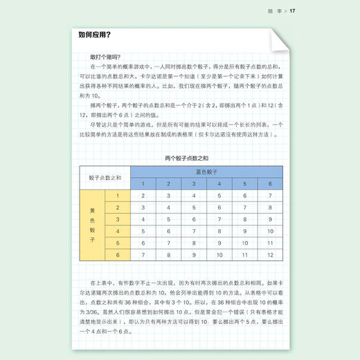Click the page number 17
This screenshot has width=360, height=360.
[x=294, y=10]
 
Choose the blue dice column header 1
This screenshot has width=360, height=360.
[x=143, y=183]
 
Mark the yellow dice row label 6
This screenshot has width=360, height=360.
[x=118, y=255]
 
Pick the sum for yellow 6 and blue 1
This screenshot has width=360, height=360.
[x=143, y=255]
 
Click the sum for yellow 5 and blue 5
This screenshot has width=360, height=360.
[x=244, y=243]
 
